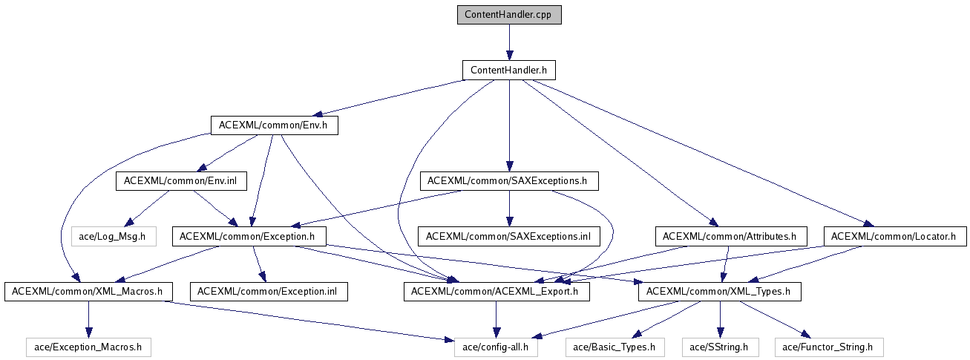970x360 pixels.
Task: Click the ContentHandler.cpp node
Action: (508, 15)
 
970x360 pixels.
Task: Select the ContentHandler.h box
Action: (508, 71)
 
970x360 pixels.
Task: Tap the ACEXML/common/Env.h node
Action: (274, 125)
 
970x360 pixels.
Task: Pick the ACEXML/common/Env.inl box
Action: (181, 180)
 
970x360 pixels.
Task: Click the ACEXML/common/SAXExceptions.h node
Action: (508, 180)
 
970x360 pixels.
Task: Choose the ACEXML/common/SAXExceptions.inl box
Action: (508, 237)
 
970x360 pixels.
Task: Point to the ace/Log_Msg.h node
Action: (114, 237)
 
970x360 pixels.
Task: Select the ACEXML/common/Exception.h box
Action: (249, 237)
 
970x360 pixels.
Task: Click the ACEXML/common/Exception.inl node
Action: (269, 292)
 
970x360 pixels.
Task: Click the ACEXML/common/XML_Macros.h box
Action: (88, 292)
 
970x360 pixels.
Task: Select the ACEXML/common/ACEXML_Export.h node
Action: (496, 292)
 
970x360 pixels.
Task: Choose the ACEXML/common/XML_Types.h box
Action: (718, 292)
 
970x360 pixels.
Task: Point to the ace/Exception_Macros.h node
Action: (88, 347)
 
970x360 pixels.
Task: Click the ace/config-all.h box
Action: (496, 347)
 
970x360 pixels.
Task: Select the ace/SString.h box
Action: (718, 347)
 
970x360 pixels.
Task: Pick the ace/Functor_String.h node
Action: (829, 347)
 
